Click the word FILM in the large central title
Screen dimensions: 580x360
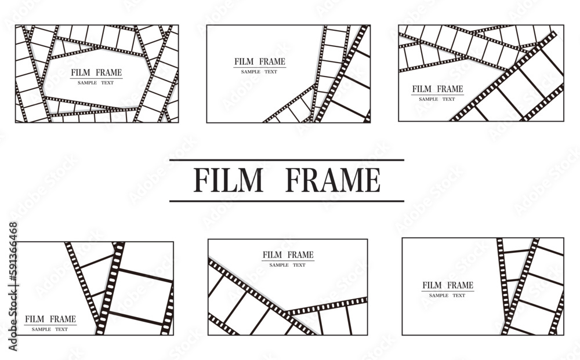pos(228,180)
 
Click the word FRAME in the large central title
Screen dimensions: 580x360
pos(333,180)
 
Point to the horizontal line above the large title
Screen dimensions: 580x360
pos(287,160)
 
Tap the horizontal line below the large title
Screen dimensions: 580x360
pos(287,201)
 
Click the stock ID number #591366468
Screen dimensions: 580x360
pos(13,252)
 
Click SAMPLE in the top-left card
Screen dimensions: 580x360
pos(88,83)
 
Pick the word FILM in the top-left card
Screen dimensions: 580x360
pos(81,72)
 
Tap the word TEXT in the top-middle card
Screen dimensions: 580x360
pos(271,72)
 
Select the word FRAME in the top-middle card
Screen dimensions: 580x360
pos(272,61)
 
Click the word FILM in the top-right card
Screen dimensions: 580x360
pos(422,89)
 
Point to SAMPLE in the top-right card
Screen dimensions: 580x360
pos(429,99)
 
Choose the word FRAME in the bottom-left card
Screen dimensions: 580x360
pos(63,319)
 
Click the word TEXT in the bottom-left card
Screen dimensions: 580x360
pos(61,329)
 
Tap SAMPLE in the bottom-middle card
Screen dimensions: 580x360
pos(279,265)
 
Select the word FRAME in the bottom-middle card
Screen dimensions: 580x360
pos(300,254)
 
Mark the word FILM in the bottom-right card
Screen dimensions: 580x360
pos(432,285)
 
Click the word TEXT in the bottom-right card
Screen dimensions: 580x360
pos(459,296)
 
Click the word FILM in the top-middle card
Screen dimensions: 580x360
pos(244,61)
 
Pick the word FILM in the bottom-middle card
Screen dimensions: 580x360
pos(272,254)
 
